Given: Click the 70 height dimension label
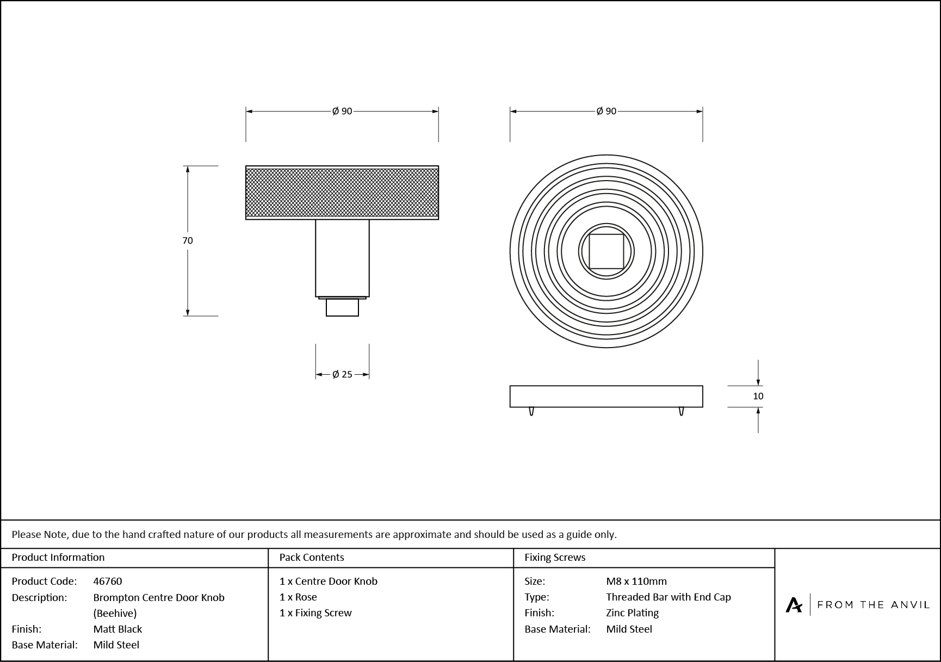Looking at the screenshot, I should point(188,240).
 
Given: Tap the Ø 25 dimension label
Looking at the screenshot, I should point(342,374).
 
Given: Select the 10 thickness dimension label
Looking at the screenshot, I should point(758,396).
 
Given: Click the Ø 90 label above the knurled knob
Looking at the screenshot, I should point(342,111).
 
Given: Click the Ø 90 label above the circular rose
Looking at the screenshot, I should point(606,111).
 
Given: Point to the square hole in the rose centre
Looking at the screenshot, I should point(606,251).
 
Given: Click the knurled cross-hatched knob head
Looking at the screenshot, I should point(342,193).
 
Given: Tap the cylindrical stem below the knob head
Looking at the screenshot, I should point(342,258).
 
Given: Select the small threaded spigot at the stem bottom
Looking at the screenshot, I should point(342,307).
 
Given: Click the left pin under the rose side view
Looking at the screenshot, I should point(531,411).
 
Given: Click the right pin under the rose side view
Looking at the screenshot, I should point(681,411).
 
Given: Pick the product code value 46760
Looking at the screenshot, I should point(108,581).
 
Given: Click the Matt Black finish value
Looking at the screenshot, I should point(117,629).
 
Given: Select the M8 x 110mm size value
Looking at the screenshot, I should point(636,581).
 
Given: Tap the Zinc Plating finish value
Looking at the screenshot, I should point(632,612).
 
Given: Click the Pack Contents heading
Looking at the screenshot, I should point(312,557).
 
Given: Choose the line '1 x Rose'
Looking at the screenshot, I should point(298,597).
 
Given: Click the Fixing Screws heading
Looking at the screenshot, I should point(555,557).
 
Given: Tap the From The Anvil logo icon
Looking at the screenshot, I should point(794,604).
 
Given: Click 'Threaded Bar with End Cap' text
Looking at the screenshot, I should point(668,597).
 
